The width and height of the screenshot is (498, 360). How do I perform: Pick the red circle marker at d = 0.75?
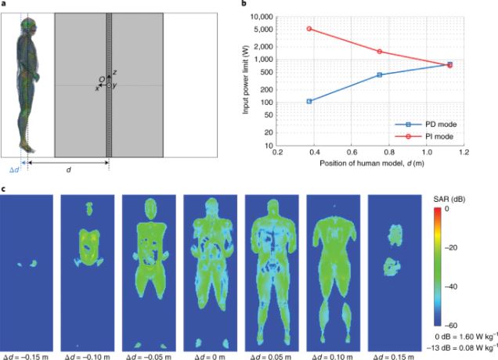tap(380, 52)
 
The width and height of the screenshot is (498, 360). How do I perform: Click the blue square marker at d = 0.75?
tap(380, 75)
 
